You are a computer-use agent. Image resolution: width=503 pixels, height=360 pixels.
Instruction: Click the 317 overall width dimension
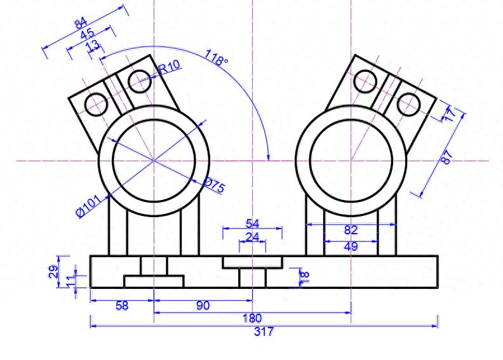(x=264, y=331)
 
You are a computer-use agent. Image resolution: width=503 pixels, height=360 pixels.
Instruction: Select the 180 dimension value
(x=252, y=317)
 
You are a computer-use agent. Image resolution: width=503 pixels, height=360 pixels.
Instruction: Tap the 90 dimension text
(x=203, y=305)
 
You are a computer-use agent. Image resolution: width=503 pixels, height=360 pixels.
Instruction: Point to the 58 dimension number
(x=121, y=305)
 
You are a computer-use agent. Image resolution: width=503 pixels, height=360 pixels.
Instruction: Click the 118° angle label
(x=216, y=58)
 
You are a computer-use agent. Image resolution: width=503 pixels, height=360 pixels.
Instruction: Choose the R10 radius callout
(x=170, y=66)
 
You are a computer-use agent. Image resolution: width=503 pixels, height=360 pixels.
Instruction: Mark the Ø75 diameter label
(x=214, y=185)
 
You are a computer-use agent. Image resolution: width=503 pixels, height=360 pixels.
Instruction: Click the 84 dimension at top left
(x=81, y=24)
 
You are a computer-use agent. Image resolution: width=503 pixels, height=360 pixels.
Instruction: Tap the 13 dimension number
(x=93, y=45)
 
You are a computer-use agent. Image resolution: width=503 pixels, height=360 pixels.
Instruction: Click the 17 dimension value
(x=450, y=115)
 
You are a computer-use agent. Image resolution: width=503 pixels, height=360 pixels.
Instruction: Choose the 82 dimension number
(x=351, y=230)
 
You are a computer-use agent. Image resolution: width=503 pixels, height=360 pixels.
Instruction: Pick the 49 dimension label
(x=351, y=246)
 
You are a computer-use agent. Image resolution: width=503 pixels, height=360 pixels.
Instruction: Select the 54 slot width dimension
(x=252, y=223)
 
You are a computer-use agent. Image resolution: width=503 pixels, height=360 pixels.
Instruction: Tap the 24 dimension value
(x=252, y=237)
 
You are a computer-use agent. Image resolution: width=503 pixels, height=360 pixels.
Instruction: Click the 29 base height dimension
(x=54, y=272)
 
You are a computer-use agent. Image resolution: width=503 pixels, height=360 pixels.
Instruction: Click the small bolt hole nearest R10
(x=138, y=81)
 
